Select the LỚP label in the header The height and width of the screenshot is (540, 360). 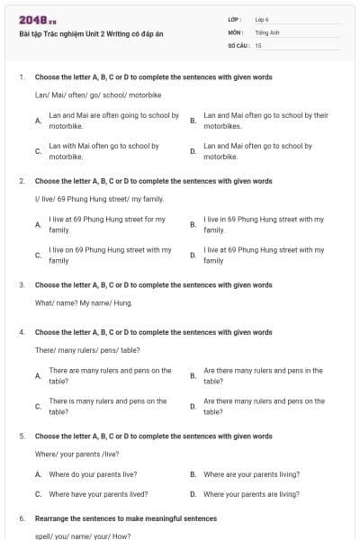pyautogui.click(x=235, y=19)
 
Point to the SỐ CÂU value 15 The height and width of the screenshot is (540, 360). pyautogui.click(x=258, y=44)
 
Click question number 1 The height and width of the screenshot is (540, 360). pyautogui.click(x=21, y=77)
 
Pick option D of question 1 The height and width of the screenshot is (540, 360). pyautogui.click(x=257, y=150)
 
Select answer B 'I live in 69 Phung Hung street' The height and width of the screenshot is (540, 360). pyautogui.click(x=263, y=224)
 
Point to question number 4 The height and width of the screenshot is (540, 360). pyautogui.click(x=21, y=332)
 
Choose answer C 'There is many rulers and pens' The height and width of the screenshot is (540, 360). pyautogui.click(x=107, y=406)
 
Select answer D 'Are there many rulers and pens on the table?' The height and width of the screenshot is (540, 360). pyautogui.click(x=263, y=406)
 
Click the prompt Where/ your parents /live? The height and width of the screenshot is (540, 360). pyautogui.click(x=77, y=454)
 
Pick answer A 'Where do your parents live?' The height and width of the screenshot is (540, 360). pyautogui.click(x=93, y=474)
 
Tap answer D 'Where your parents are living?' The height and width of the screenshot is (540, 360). pyautogui.click(x=251, y=494)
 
